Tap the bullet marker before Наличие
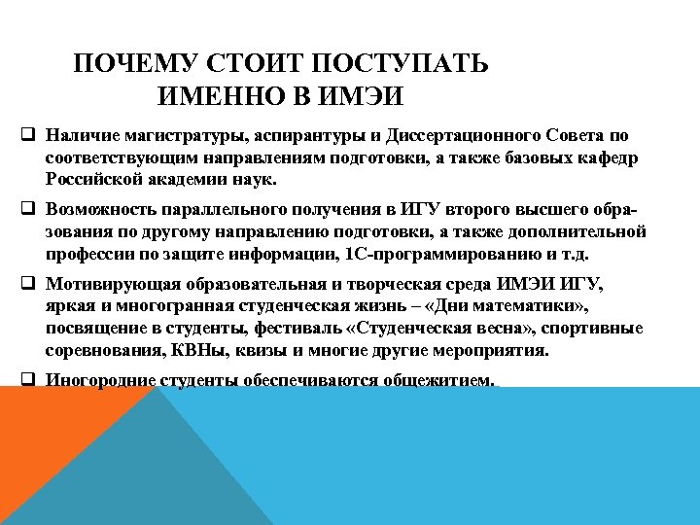tap(27, 133)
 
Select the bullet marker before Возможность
tap(27, 207)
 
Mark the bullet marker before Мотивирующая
tap(27, 283)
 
